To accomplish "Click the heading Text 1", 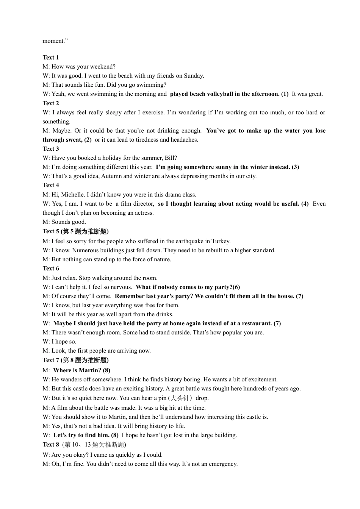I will tap(51, 58).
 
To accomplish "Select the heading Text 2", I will tap(51, 103).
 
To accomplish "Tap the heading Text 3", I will tap(51, 149).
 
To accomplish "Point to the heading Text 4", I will tap(51, 185).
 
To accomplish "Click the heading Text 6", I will tap(51, 269).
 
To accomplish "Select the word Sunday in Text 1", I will tap(193, 76).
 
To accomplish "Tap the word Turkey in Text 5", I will tap(221, 241).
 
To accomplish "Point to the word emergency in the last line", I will tap(222, 464).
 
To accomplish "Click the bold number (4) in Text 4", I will tap(305, 204).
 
